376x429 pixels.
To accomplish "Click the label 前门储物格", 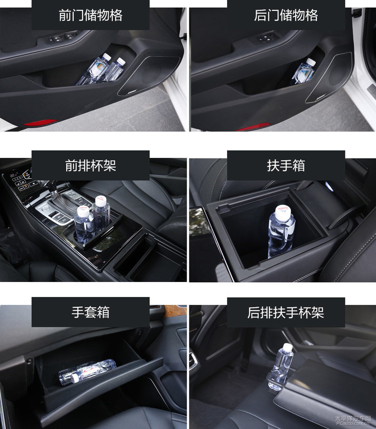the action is [91, 15].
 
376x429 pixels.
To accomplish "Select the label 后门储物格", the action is [286, 15].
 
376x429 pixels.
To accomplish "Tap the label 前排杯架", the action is [91, 165].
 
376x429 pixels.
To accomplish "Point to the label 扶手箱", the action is [286, 165].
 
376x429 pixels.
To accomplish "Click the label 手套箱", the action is [91, 312].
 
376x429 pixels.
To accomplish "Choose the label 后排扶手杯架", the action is [286, 312].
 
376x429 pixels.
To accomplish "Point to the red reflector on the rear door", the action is [253, 127].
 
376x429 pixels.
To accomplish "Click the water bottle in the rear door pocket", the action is [303, 71].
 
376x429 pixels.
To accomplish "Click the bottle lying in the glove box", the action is [87, 372].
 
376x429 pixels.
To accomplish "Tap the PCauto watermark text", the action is [353, 421].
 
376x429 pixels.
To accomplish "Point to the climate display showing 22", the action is [14, 175].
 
